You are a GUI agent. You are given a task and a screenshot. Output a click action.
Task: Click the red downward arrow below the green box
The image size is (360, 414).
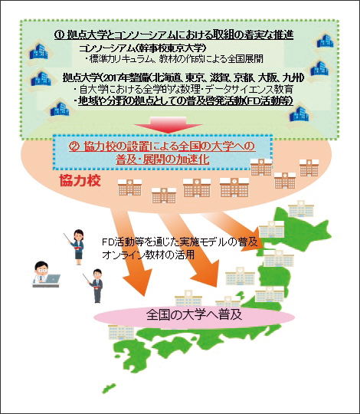coord(168,125)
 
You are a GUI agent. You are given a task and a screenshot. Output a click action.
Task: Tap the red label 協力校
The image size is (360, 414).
coord(80,181)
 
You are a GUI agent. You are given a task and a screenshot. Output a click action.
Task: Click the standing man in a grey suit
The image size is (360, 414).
coord(97,286)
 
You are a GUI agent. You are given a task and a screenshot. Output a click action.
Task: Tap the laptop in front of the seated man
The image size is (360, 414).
coord(52,278)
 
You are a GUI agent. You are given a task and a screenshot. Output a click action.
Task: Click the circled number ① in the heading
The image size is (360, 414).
coord(59,34)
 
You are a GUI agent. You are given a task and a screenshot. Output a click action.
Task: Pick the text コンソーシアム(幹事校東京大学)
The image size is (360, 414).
coord(142,48)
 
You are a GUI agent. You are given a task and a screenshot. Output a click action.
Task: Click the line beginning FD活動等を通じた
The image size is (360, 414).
coord(180,242)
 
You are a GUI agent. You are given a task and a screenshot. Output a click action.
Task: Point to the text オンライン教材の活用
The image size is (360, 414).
coord(148,255)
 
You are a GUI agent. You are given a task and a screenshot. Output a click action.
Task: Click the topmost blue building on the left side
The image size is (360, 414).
coord(38,51)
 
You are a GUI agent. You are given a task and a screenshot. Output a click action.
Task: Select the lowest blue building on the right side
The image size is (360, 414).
coord(299,114)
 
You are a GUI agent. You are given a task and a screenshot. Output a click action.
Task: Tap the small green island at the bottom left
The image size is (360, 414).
coord(109,389)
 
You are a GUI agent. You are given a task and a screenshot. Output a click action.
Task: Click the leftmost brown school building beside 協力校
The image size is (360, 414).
coord(129,188)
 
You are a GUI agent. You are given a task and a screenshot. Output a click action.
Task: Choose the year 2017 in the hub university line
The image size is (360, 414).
coord(112,78)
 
